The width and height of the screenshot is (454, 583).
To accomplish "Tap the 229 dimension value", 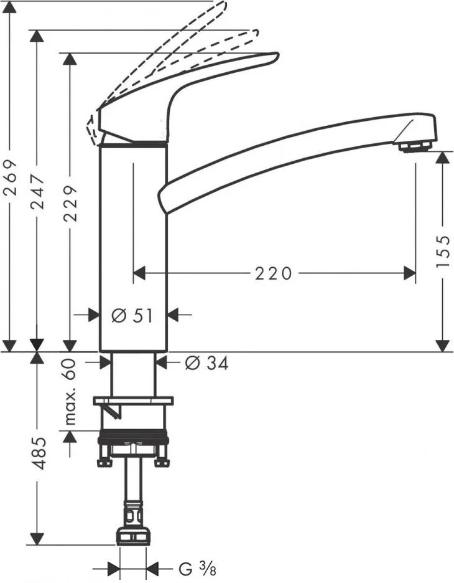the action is click(70, 204).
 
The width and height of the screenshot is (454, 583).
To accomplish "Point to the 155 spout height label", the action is click(442, 251).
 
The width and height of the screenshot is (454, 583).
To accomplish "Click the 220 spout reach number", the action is click(273, 273).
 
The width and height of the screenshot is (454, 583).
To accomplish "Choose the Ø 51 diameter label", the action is click(132, 316).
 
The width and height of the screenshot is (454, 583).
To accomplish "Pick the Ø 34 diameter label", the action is click(206, 363).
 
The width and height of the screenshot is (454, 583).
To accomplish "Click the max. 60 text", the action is click(70, 392).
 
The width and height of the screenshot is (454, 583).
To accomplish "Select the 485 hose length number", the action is click(37, 453).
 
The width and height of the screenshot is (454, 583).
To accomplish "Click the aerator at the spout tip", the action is click(415, 146).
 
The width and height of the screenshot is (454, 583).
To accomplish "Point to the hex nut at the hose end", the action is click(134, 536).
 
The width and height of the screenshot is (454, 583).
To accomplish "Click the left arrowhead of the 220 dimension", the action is click(139, 273).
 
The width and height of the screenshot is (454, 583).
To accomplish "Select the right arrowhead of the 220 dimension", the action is click(409, 273).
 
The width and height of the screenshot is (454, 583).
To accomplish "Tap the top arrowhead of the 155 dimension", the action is click(442, 158).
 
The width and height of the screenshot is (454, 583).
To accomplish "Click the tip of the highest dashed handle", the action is click(225, 4).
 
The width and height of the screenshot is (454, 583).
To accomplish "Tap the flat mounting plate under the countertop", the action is click(134, 401).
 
